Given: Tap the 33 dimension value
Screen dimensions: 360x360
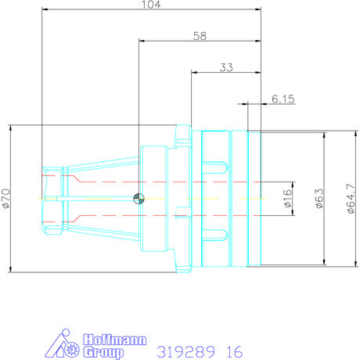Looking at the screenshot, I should coord(226,68).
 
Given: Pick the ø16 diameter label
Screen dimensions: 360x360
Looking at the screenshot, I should coord(287,198).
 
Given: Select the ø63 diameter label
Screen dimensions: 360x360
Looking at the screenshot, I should coord(319,198).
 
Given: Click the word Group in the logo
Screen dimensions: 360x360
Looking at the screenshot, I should coord(103,353).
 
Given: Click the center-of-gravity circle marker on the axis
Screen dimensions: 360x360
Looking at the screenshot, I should coord(138,198).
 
